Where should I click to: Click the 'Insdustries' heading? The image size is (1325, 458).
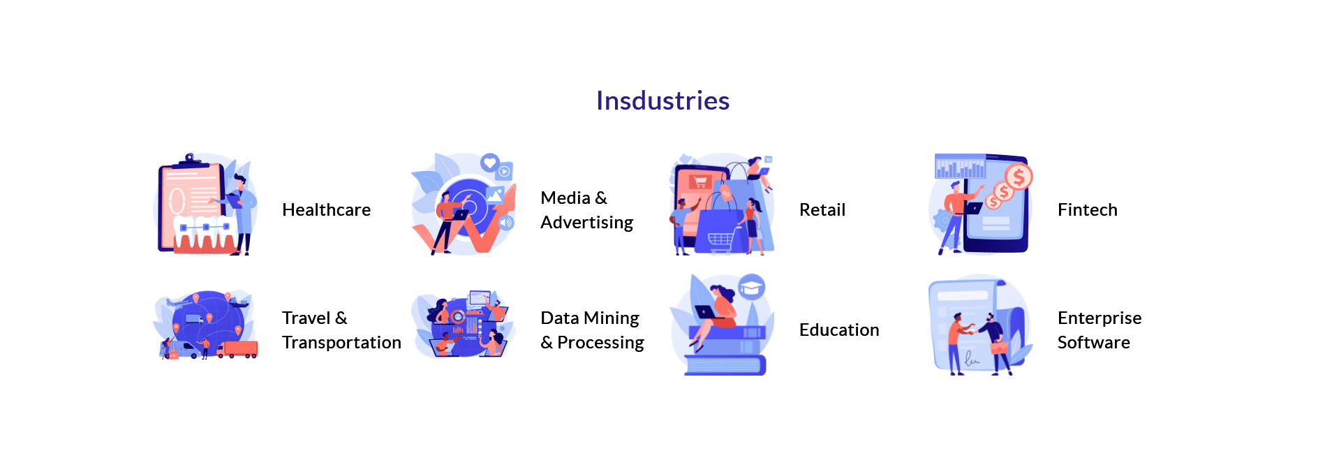662,101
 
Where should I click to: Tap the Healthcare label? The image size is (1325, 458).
326,209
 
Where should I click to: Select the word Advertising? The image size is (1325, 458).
586,223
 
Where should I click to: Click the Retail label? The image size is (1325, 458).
822,209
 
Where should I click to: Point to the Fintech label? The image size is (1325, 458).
1087,209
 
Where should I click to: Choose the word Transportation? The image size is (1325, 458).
341,342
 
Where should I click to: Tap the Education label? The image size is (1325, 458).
839,330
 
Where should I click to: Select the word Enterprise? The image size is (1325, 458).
1100,318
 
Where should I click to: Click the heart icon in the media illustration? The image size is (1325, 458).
489,163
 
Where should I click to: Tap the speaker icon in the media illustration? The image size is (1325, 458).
507,223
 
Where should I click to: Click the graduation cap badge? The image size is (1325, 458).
751,287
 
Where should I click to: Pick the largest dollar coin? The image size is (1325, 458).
1019,177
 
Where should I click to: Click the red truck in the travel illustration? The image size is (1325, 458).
238,349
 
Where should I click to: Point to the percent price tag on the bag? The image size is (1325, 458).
726,192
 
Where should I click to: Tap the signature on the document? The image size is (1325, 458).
972,360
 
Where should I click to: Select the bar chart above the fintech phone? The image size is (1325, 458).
961,167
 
